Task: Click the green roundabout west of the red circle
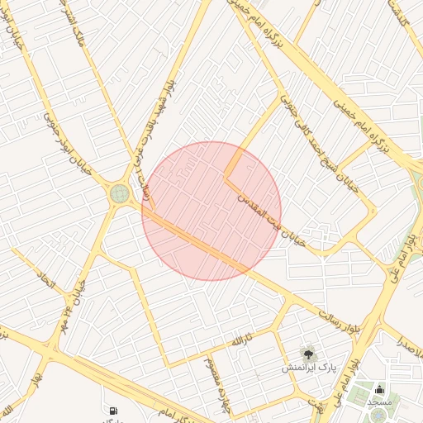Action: tap(120, 195)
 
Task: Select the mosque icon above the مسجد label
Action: tap(379, 389)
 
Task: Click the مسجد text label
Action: tap(379, 402)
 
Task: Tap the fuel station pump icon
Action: tap(112, 410)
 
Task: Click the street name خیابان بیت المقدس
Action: tap(272, 220)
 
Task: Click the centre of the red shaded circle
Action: tap(211, 211)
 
